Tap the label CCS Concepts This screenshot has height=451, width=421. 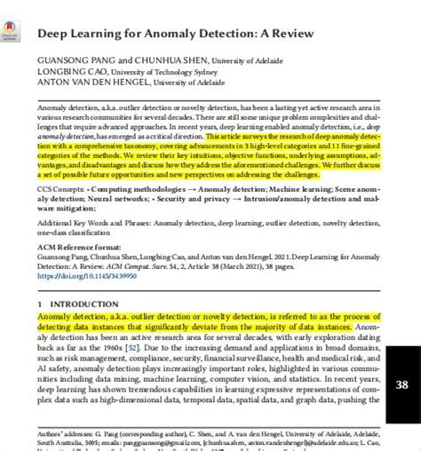pos(61,190)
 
